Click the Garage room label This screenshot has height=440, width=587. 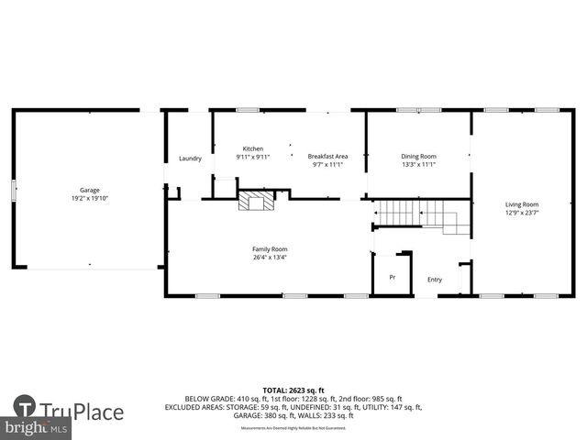pyautogui.click(x=89, y=190)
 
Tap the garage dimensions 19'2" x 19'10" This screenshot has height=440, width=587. pyautogui.click(x=89, y=198)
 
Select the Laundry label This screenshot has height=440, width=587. pyautogui.click(x=190, y=159)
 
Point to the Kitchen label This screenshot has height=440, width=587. pyautogui.click(x=252, y=148)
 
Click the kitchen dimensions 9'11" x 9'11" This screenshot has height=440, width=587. pyautogui.click(x=252, y=157)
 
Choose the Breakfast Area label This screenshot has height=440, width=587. pyautogui.click(x=327, y=157)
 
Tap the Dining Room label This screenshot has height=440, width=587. pyautogui.click(x=418, y=157)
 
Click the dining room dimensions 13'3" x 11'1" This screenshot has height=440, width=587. pyautogui.click(x=418, y=165)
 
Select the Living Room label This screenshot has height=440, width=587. pyautogui.click(x=522, y=204)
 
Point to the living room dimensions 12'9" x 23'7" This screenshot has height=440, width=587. pyautogui.click(x=522, y=213)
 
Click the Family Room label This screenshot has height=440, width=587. pyautogui.click(x=270, y=248)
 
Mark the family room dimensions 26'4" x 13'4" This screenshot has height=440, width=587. pyautogui.click(x=270, y=257)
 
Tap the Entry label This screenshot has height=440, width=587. pyautogui.click(x=435, y=280)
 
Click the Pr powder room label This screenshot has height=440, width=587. pyautogui.click(x=392, y=277)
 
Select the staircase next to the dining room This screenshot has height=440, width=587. pyautogui.click(x=417, y=215)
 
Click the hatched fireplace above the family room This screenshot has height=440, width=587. pyautogui.click(x=256, y=201)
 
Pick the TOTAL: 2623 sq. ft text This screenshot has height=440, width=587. pyautogui.click(x=293, y=390)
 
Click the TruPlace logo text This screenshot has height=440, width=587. pyautogui.click(x=82, y=408)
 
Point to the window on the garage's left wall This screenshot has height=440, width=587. pyautogui.click(x=13, y=190)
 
